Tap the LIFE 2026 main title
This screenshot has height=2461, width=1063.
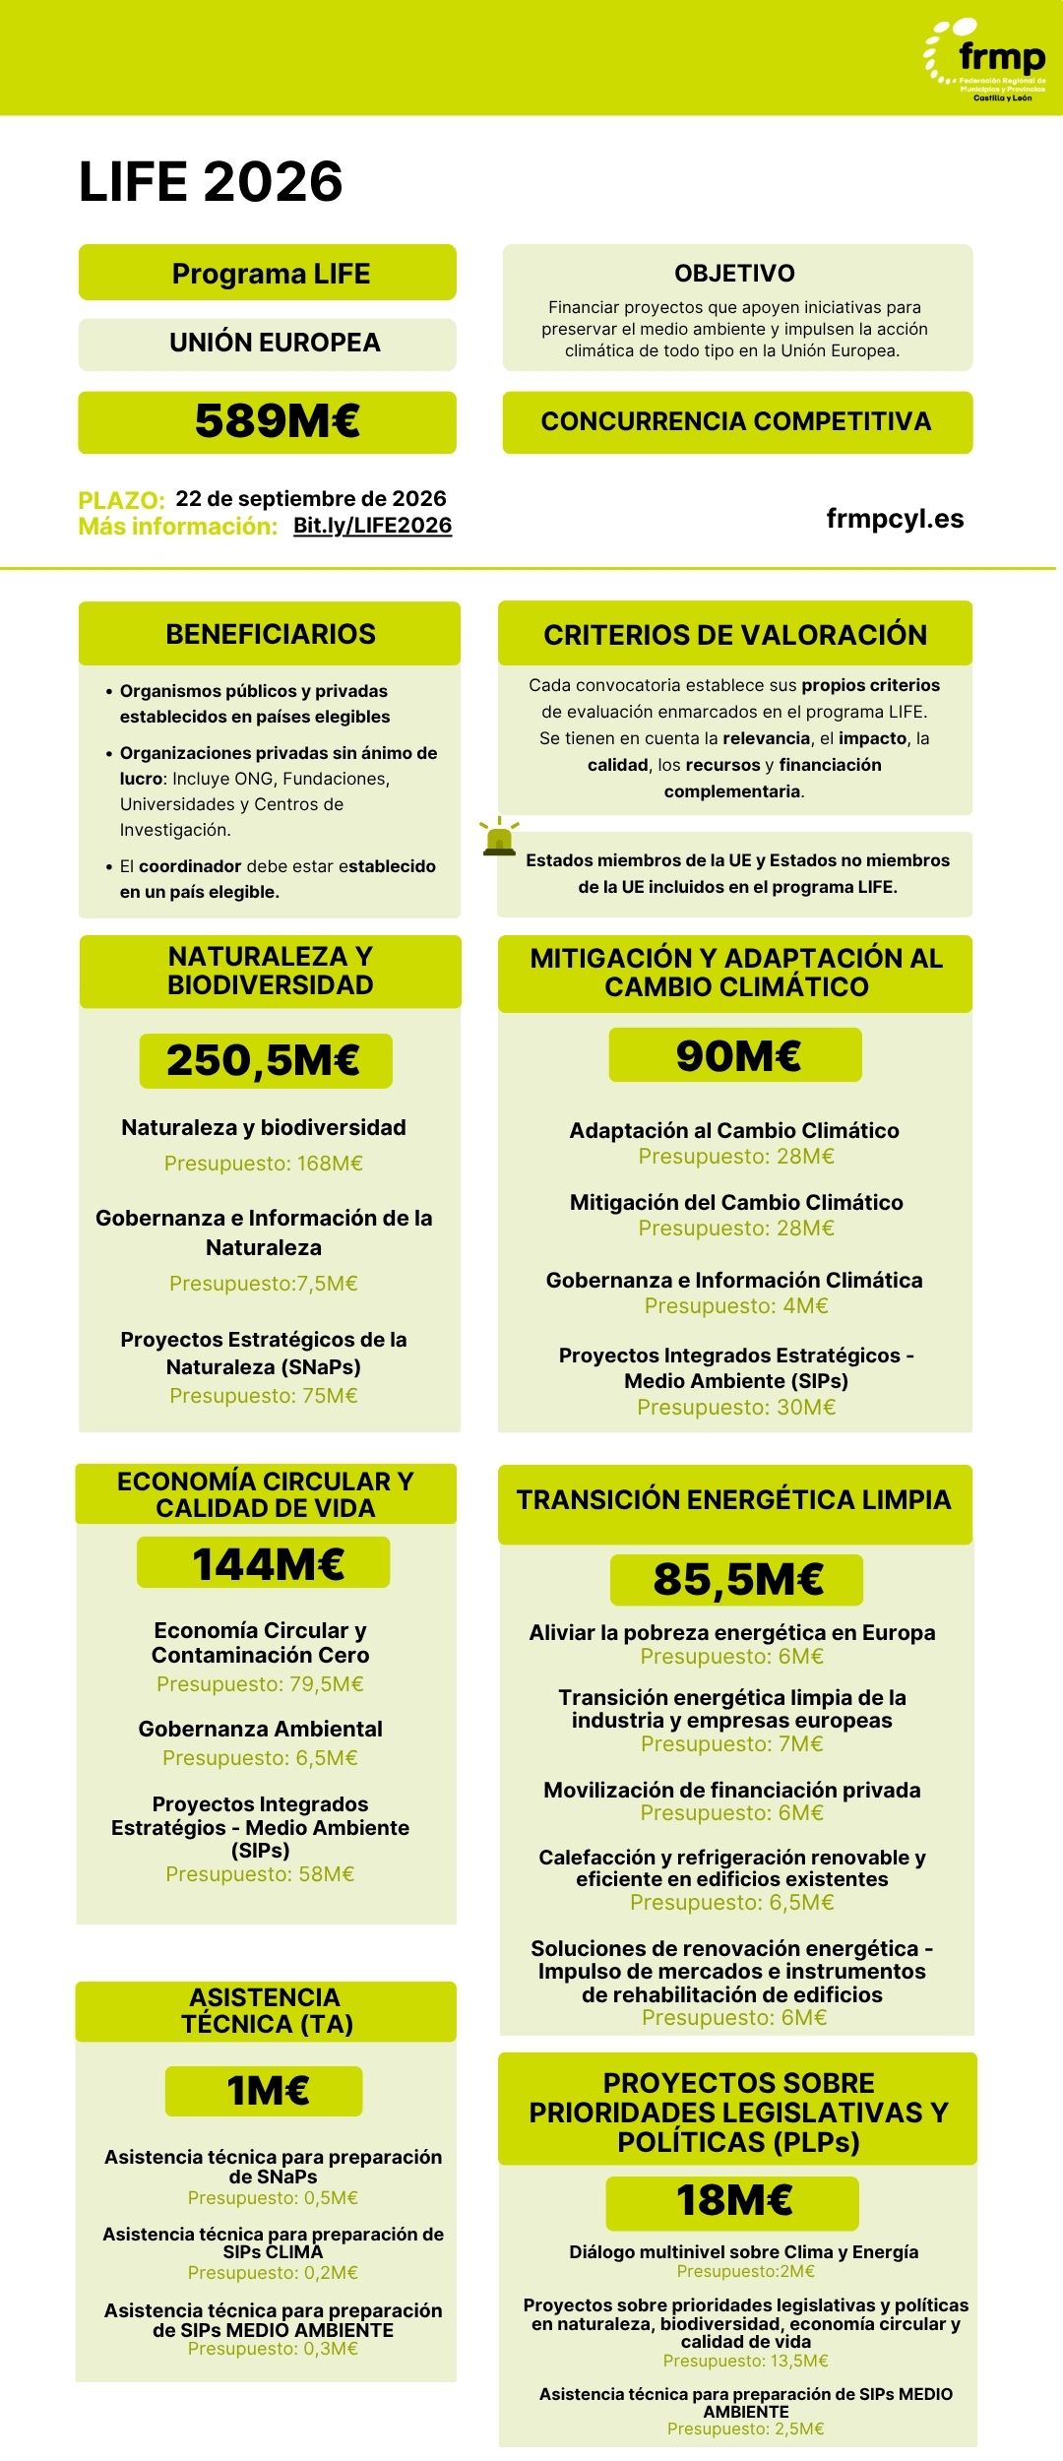211,182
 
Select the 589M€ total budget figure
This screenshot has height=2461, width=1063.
277,421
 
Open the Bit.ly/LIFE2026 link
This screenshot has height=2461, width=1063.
372,526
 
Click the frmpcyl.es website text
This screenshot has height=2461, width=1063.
895,519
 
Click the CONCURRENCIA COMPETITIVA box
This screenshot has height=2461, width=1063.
736,422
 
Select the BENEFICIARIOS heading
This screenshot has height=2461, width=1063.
270,634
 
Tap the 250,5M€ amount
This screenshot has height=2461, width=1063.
264,1060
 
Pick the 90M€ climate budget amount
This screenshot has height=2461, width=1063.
737,1055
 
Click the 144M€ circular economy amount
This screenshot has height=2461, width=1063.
268,1564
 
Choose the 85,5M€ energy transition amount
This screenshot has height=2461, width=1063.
737,1579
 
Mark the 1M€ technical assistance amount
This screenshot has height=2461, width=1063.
267,2090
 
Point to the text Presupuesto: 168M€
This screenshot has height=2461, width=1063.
264,1164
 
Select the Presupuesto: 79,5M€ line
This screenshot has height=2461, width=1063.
260,1684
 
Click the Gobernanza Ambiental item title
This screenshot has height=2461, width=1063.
260,1729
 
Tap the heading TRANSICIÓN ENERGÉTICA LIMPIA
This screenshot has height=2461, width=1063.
734,1500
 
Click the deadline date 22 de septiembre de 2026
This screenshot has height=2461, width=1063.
311,499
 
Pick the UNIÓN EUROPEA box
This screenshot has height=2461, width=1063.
275,343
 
